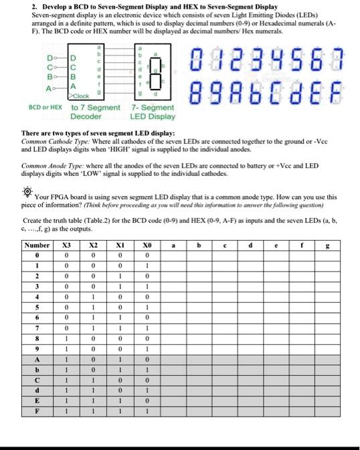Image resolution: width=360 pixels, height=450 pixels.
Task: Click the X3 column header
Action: (66, 246)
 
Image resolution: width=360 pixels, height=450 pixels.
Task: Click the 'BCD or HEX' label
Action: (44, 107)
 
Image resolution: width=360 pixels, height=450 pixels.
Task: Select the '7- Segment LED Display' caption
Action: (153, 111)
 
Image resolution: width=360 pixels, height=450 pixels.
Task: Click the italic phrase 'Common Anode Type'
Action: (46, 164)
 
